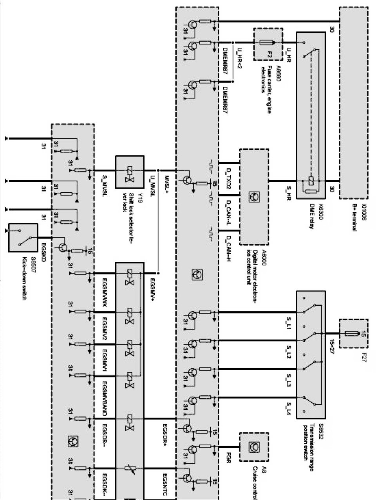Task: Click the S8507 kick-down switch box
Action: (23, 238)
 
